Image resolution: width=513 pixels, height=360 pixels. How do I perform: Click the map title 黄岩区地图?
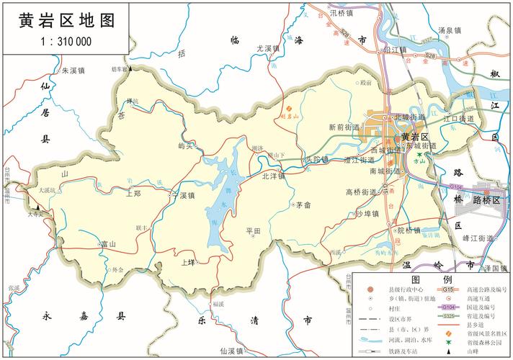click(66, 20)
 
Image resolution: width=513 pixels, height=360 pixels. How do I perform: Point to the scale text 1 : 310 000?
click(66, 42)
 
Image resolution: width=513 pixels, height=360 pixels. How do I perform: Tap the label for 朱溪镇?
click(73, 71)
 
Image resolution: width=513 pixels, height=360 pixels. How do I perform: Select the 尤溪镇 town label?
click(267, 48)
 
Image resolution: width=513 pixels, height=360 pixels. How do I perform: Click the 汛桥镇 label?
click(341, 12)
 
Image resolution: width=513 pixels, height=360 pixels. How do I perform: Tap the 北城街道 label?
click(410, 117)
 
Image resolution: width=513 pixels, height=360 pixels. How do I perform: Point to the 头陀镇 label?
click(316, 159)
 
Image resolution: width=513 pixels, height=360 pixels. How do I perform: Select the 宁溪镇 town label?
click(184, 195)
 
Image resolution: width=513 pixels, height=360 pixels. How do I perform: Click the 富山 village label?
click(109, 244)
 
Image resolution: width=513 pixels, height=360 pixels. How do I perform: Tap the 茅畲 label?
click(303, 205)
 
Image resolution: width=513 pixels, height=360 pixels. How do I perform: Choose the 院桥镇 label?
click(409, 230)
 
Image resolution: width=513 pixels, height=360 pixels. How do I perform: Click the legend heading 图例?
click(432, 279)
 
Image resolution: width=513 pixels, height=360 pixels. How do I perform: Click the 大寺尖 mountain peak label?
click(37, 213)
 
